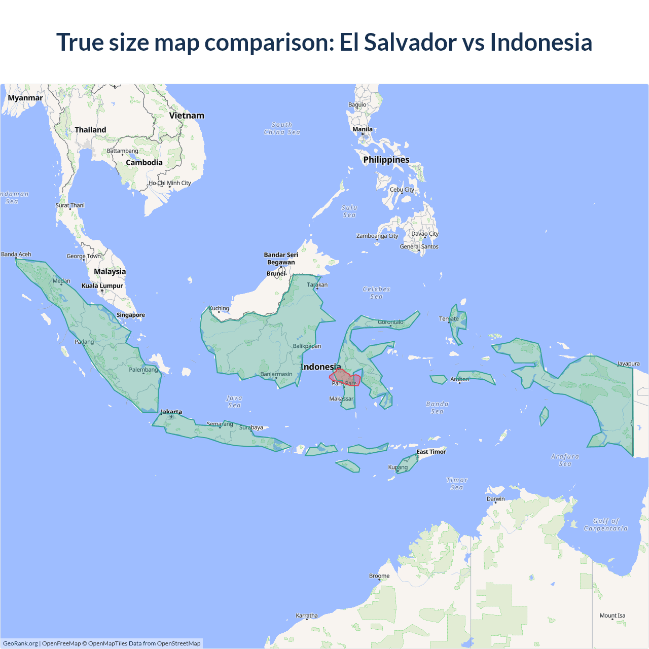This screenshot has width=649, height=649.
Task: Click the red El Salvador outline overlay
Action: (345, 378)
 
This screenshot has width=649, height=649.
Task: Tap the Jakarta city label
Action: (171, 412)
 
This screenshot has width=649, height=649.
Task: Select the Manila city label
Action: (363, 129)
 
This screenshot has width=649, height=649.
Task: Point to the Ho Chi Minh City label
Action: (170, 183)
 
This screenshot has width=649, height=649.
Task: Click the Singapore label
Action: (131, 315)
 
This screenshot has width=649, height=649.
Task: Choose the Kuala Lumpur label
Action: (102, 286)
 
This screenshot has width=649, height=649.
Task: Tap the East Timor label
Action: (431, 452)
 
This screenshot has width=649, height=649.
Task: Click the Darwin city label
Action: (496, 499)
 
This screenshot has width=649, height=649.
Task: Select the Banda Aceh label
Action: (16, 255)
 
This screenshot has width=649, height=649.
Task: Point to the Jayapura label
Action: (628, 364)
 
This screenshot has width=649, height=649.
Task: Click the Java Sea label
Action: (234, 402)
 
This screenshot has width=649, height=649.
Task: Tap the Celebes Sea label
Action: (376, 293)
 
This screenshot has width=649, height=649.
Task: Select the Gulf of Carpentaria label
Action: (605, 525)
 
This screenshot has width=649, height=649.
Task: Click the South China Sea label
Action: (282, 128)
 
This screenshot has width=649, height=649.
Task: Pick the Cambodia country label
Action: (144, 163)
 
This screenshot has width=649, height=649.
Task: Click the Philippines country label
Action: (386, 160)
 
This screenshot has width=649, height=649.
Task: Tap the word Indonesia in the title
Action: (541, 42)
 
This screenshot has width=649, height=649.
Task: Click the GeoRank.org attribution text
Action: (20, 643)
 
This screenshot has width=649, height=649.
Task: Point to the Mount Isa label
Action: (612, 616)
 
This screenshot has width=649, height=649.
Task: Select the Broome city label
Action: (379, 576)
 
